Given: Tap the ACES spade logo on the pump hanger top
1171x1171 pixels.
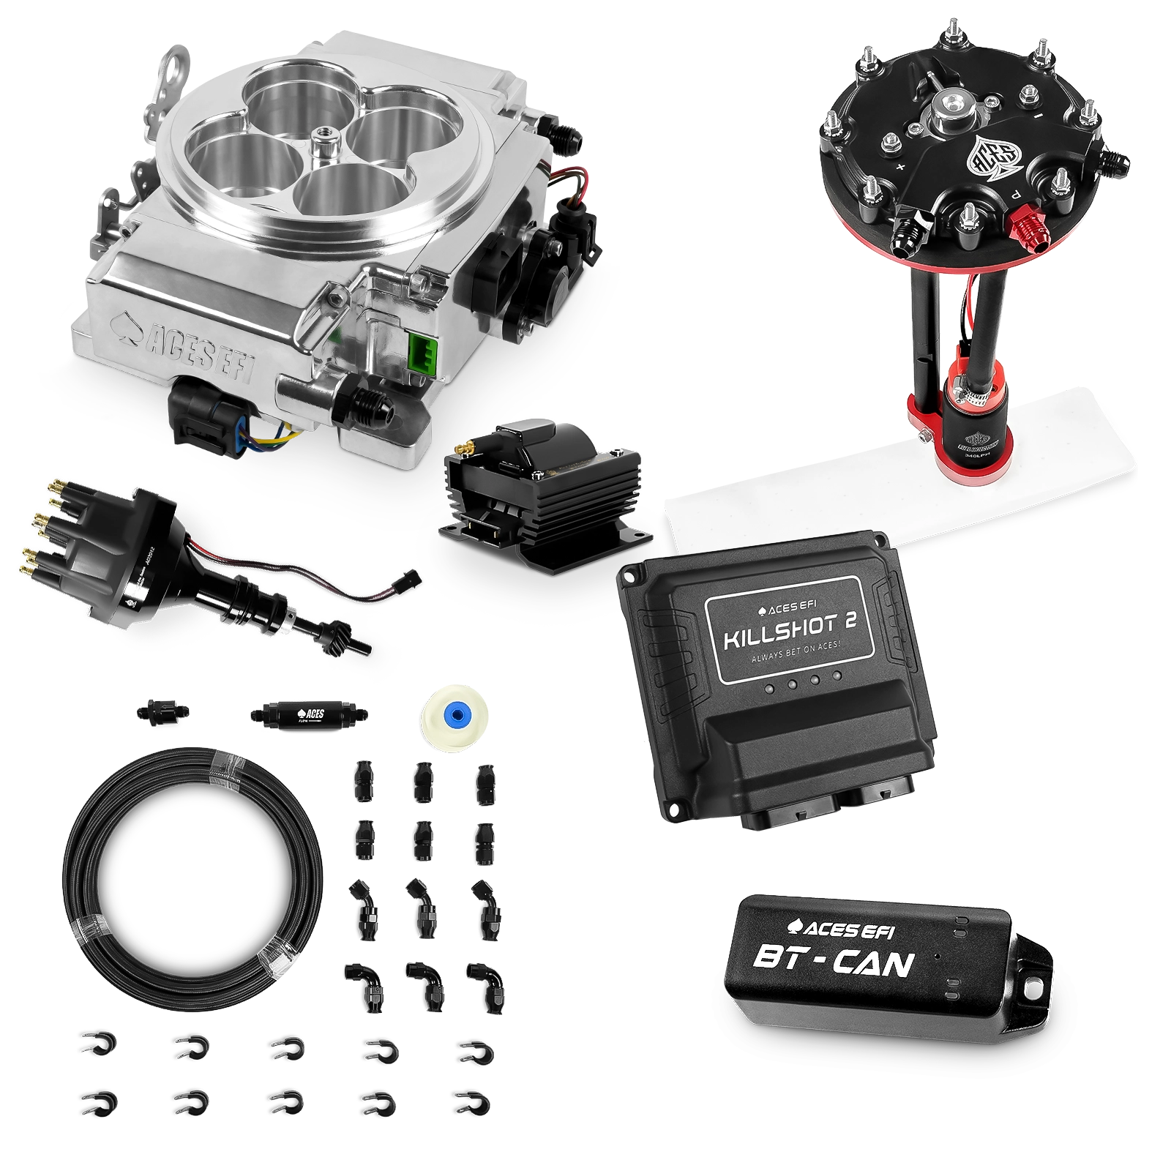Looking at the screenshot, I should (999, 157).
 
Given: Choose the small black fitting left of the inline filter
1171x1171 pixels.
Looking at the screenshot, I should (160, 711).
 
